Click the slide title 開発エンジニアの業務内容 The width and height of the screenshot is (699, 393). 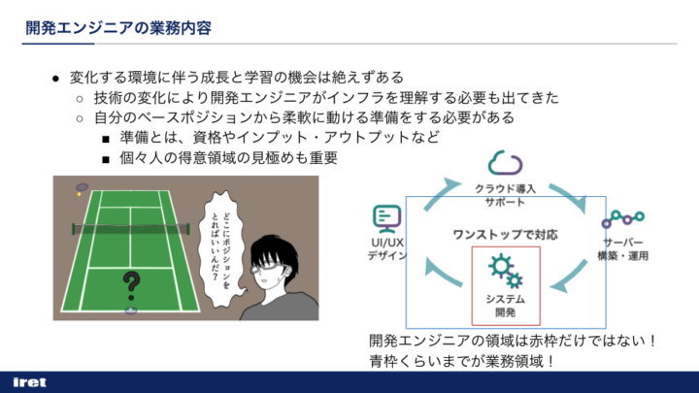(118, 27)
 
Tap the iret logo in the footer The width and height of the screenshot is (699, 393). (29, 382)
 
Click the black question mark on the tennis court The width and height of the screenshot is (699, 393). (131, 286)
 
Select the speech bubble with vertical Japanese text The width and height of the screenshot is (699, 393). (222, 249)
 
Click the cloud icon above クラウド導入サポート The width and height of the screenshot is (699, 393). (505, 163)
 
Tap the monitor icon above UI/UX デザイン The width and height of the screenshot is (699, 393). (387, 218)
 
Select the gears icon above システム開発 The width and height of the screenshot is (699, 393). (505, 271)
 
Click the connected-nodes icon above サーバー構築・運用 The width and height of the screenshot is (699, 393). (622, 218)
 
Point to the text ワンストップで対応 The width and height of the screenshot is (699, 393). (505, 235)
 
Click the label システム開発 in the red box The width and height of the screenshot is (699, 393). (505, 306)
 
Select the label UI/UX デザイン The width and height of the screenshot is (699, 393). (387, 249)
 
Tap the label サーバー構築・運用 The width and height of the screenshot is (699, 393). (622, 249)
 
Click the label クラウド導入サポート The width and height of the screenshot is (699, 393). (505, 195)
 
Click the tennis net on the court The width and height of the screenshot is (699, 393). (131, 229)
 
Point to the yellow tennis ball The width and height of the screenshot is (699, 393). (79, 194)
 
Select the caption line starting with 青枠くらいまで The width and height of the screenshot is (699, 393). (461, 361)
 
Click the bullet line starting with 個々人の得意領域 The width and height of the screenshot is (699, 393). (229, 158)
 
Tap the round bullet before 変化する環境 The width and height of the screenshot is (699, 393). (55, 80)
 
